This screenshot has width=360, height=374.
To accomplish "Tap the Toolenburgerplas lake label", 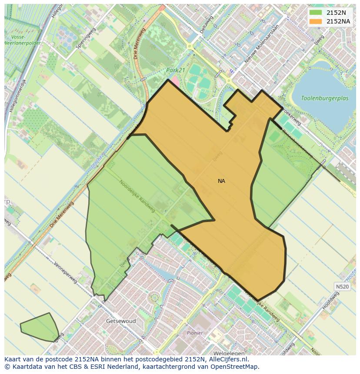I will (325, 99).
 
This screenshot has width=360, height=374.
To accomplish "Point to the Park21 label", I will (175, 70).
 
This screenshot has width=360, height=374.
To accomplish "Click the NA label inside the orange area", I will (221, 181).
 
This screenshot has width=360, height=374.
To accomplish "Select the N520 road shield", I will (342, 287).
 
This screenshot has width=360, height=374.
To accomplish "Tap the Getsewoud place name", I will (121, 321).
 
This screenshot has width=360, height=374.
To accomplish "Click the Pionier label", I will (195, 333).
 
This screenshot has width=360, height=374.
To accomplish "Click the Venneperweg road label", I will (65, 272).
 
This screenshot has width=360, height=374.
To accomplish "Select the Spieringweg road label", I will (85, 38).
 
